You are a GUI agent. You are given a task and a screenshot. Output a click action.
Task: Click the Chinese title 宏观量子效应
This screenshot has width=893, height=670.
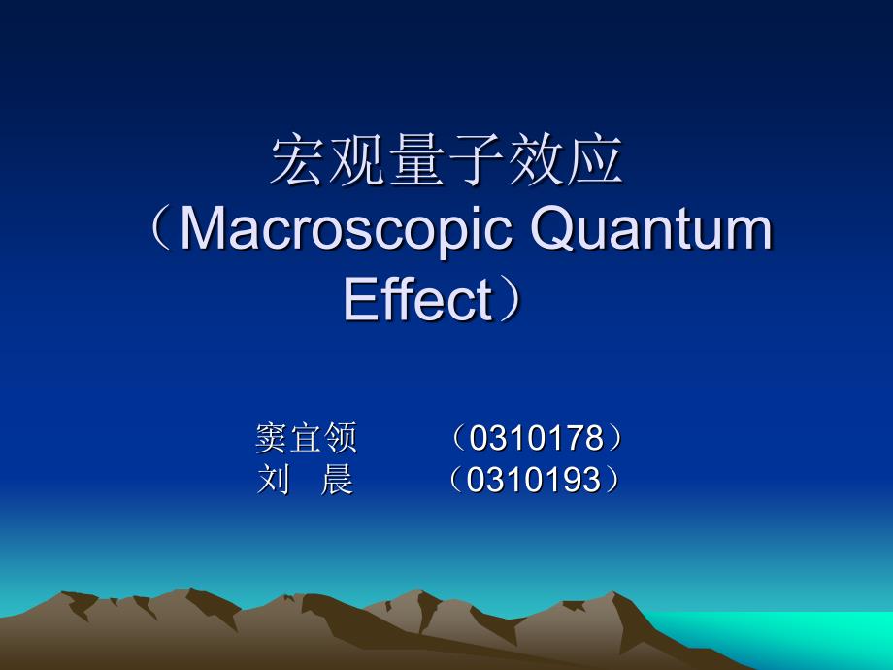pyautogui.click(x=446, y=160)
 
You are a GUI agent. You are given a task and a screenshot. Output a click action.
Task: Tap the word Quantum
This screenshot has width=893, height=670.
pyautogui.click(x=651, y=229)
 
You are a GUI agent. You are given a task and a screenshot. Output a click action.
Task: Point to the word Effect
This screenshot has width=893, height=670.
pyautogui.click(x=418, y=298)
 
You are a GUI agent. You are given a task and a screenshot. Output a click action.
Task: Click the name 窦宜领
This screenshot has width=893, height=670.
pyautogui.click(x=306, y=438)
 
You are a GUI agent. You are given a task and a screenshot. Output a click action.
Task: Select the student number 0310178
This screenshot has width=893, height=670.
pyautogui.click(x=536, y=438)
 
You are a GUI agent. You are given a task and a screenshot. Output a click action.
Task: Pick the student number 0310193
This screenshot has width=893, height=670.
pyautogui.click(x=534, y=479)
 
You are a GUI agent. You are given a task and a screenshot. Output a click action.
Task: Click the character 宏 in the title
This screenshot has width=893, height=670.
pyautogui.click(x=298, y=160)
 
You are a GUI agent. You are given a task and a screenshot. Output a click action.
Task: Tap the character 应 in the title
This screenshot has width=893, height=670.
pyautogui.click(x=596, y=160)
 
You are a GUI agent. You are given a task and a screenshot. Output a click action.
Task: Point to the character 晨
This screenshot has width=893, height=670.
pyautogui.click(x=337, y=480)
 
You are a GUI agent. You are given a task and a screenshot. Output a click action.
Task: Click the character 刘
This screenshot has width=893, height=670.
pyautogui.click(x=274, y=480)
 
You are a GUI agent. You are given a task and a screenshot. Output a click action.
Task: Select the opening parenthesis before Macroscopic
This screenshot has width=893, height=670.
pyautogui.click(x=161, y=231)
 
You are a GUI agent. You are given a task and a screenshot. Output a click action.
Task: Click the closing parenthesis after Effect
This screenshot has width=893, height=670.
pyautogui.click(x=510, y=298)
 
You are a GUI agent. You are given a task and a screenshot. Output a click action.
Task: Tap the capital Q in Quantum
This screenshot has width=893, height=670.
pyautogui.click(x=553, y=229)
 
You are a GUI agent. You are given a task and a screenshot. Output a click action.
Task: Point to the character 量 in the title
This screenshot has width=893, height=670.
pyautogui.click(x=416, y=160)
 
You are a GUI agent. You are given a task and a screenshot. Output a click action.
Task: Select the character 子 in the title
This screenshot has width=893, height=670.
pyautogui.click(x=477, y=160)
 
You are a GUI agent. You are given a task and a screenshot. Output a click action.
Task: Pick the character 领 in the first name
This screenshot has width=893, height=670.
pyautogui.click(x=341, y=438)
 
